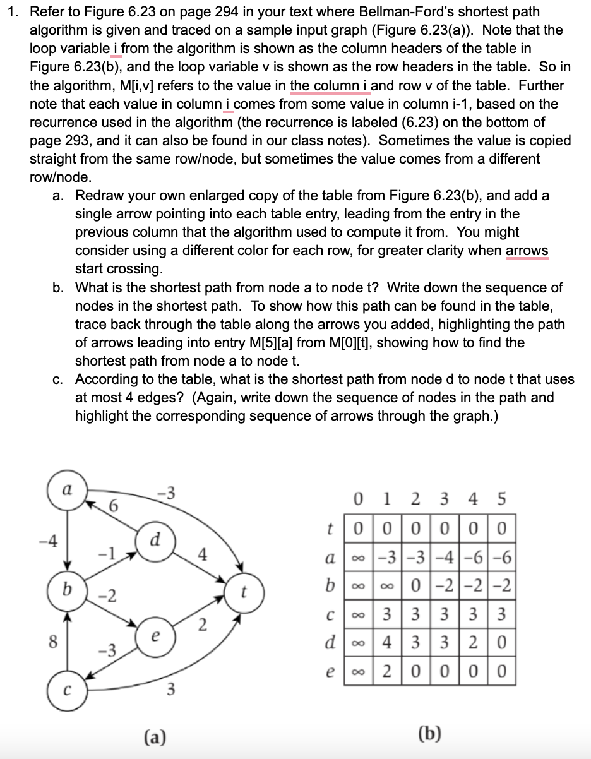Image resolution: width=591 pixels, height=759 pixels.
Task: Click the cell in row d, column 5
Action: pos(502,645)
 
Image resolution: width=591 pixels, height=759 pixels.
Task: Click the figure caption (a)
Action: pos(153,736)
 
